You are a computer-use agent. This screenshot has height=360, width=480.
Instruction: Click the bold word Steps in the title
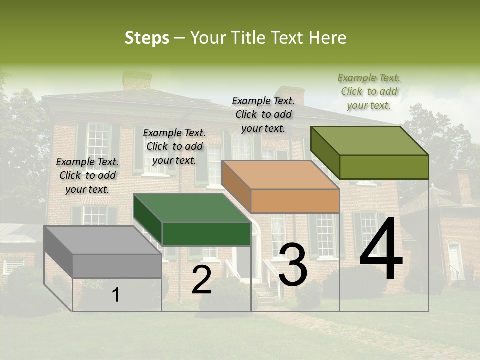pyautogui.click(x=146, y=38)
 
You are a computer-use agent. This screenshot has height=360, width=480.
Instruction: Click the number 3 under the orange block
pyautogui.click(x=293, y=265)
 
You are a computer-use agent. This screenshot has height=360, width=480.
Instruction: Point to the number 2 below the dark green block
pyautogui.click(x=201, y=280)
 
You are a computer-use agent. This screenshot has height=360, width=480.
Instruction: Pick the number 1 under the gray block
pyautogui.click(x=116, y=295)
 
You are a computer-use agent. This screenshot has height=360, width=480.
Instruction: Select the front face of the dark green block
pyautogui.click(x=206, y=234)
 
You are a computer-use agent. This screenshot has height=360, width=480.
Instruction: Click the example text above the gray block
pyautogui.click(x=87, y=175)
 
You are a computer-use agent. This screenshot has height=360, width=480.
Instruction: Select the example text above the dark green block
pyautogui.click(x=174, y=146)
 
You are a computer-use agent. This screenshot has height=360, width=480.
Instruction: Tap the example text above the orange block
pyautogui.click(x=263, y=114)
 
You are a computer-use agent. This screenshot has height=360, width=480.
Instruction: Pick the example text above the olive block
pyautogui.click(x=369, y=91)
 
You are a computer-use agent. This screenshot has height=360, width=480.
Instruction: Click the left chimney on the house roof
pyautogui.click(x=137, y=80)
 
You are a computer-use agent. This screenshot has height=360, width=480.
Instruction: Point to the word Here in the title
pyautogui.click(x=327, y=38)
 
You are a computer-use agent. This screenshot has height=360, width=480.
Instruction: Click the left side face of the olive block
pyautogui.click(x=325, y=152)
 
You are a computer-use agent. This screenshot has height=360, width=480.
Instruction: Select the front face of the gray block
pyautogui.click(x=117, y=266)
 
